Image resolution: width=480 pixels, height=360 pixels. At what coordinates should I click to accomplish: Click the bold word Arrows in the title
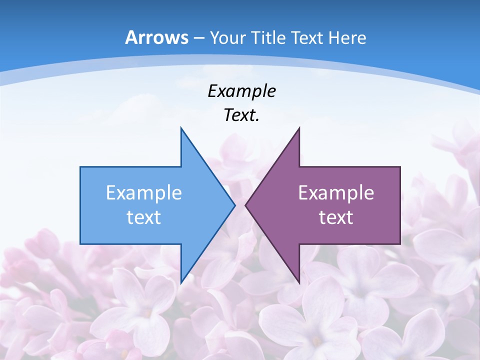[x=156, y=37]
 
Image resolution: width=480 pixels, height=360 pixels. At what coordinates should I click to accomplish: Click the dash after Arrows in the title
[x=198, y=38]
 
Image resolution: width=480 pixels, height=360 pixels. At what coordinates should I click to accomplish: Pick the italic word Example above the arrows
[x=241, y=91]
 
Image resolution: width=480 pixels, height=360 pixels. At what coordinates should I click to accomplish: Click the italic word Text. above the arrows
[x=241, y=115]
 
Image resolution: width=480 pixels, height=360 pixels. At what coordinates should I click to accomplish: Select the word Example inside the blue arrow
[x=144, y=192]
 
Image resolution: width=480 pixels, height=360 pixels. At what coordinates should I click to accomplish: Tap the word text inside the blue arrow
[x=144, y=217]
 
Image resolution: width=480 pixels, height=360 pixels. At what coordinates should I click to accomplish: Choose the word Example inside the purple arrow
[x=336, y=192]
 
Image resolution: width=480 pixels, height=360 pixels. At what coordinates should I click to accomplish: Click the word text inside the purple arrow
[x=336, y=217]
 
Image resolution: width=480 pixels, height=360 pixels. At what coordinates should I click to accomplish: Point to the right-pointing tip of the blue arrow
[x=234, y=205]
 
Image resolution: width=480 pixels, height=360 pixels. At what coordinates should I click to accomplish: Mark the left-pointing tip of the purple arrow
[x=245, y=205]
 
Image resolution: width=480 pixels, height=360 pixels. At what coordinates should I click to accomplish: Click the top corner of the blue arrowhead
[x=181, y=128]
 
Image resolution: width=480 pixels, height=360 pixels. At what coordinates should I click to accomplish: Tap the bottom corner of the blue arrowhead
[x=181, y=282]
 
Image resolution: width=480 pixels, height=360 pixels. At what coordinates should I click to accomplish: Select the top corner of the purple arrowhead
[x=299, y=128]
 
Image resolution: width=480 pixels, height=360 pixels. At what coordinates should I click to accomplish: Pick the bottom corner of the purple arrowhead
[x=299, y=282]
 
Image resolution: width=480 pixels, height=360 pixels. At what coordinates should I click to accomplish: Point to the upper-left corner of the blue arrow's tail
[x=80, y=167]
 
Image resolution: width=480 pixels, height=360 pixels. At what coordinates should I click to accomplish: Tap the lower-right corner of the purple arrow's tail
[x=400, y=243]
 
